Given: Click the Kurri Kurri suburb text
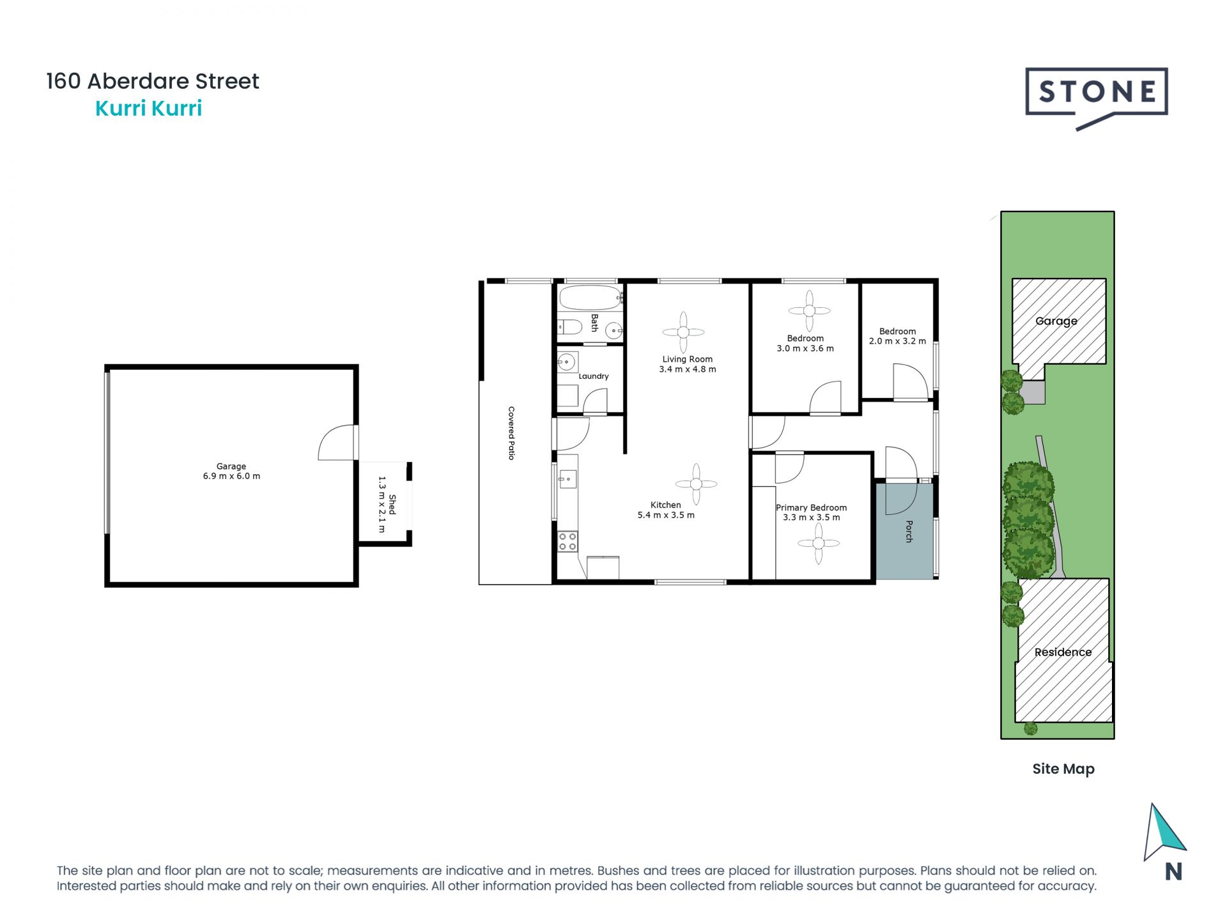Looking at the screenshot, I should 148,109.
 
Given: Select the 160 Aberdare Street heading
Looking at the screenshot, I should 153,81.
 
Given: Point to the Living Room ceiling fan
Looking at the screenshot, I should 683,332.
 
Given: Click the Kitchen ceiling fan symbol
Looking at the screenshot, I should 696,484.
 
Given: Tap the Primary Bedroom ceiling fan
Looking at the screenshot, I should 819,544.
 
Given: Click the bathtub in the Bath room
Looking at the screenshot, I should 589,298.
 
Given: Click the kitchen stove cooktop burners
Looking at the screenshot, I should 567,542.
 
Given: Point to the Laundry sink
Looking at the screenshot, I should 566,362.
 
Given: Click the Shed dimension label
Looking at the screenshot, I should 387,504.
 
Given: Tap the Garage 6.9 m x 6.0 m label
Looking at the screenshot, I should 231,471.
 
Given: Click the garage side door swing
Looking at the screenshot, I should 337,443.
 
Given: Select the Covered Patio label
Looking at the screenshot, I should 511,433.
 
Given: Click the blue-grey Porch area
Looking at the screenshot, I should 904,543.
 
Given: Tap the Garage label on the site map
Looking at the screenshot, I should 1056,321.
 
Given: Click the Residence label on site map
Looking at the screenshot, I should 1063,652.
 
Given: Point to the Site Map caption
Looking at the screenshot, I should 1063,769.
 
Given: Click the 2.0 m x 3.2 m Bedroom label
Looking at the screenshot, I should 897,336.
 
